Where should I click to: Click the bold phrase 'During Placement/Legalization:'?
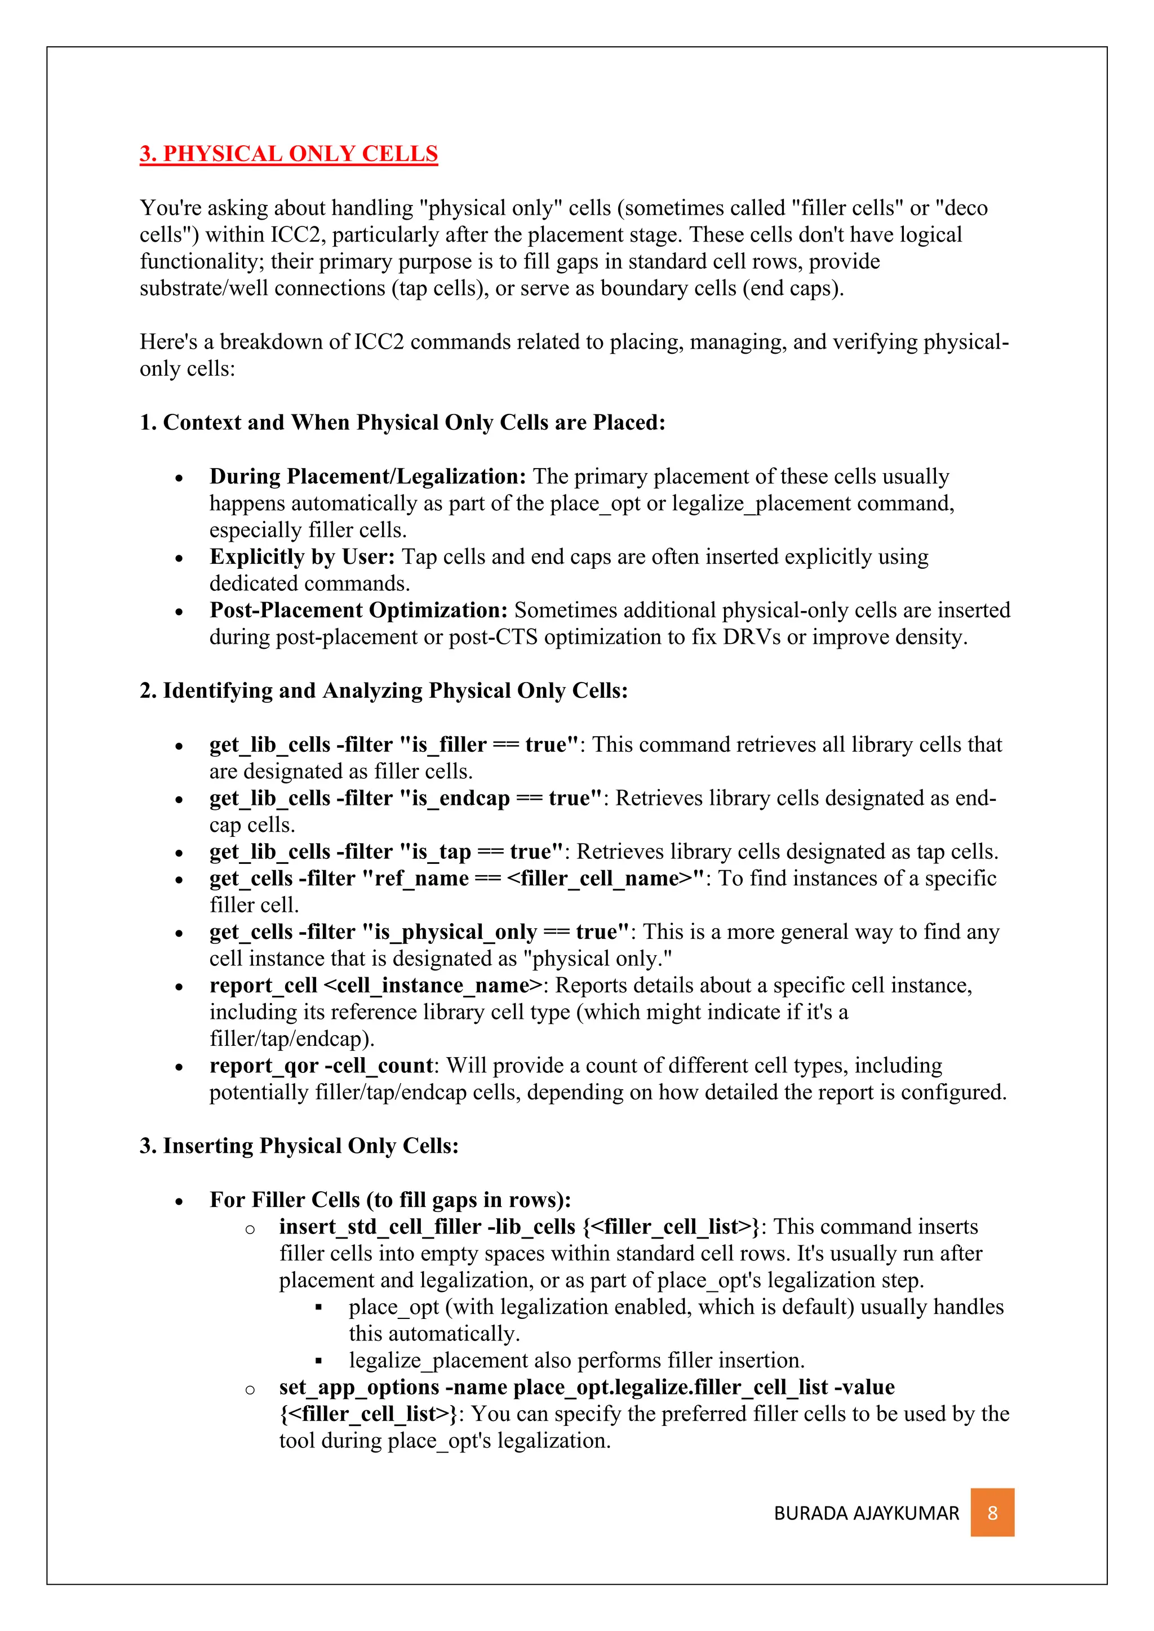tap(367, 476)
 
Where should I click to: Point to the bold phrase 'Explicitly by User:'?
tap(302, 556)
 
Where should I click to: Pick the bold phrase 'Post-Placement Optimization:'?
tap(358, 610)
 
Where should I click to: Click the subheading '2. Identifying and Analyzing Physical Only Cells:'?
tap(384, 690)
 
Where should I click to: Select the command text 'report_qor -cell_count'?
tap(321, 1066)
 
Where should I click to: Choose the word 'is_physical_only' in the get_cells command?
tap(455, 932)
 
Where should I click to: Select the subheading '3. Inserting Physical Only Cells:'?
tap(299, 1146)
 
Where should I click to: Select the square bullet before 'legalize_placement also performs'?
tap(319, 1361)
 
